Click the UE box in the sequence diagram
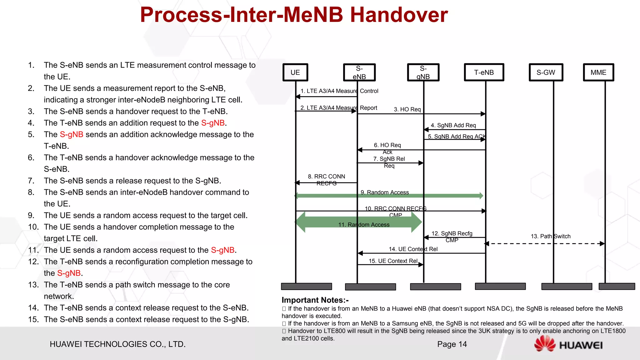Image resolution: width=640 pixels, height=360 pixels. coord(295,72)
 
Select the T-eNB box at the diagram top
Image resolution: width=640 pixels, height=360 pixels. coord(484,72)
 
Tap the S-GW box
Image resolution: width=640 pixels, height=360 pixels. coord(546,72)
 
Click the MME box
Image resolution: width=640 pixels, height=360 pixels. coord(598,72)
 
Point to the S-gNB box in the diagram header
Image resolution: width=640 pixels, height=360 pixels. coord(423,72)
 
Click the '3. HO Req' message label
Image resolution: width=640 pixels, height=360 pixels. coord(407,109)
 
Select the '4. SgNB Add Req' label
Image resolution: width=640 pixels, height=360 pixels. coord(453,125)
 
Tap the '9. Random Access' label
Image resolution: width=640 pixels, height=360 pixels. coord(385,192)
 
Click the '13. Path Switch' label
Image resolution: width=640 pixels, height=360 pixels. coord(550,236)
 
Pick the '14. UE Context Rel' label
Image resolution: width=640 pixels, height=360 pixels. coord(413,249)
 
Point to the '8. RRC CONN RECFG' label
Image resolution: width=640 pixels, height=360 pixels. coord(326,180)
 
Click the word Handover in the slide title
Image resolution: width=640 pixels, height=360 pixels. coord(399,15)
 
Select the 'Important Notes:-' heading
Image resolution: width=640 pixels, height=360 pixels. coord(315,300)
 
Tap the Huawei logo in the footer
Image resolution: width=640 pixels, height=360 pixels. coord(568,344)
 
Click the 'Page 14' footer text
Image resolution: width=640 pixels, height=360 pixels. coord(452,344)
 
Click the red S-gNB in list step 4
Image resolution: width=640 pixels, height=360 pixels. coord(213,123)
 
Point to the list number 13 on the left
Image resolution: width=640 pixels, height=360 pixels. coord(33,285)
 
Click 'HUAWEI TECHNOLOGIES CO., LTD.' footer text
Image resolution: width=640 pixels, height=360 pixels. coord(117,344)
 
